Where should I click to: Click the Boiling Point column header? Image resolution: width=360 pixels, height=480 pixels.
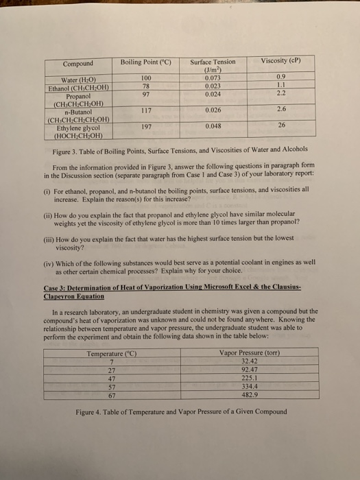click(x=145, y=62)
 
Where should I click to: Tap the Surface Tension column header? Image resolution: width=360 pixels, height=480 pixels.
click(x=213, y=62)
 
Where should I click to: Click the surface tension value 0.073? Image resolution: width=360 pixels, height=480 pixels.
click(x=213, y=80)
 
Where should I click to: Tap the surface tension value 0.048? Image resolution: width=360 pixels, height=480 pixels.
click(x=213, y=126)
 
